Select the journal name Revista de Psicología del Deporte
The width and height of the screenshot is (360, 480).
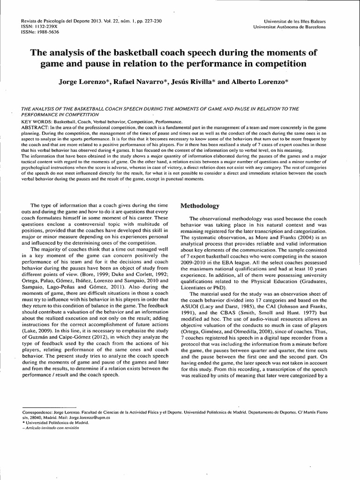click(54, 22)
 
